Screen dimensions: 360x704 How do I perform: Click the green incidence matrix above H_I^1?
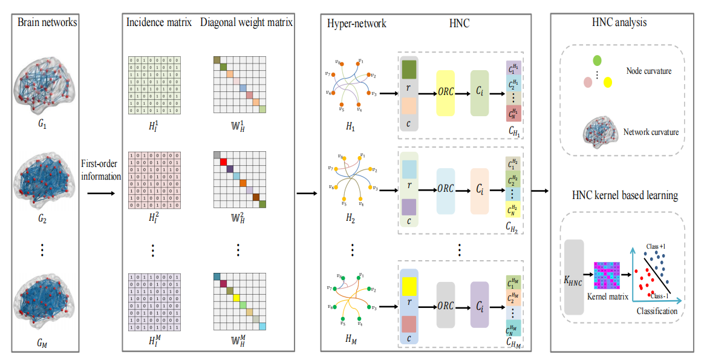154,85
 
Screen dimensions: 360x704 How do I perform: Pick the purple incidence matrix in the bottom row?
154,303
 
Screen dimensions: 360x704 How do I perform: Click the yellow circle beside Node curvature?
607,81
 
